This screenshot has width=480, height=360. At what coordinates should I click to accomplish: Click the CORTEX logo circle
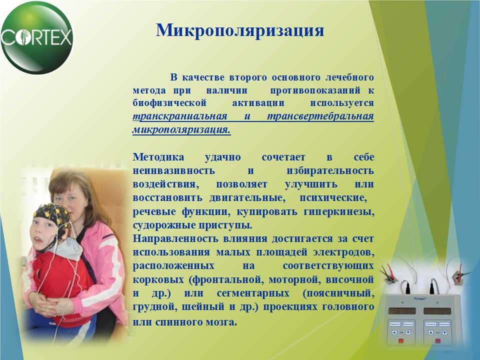coord(37,37)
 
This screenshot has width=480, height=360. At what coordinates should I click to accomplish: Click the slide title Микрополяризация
coord(240,31)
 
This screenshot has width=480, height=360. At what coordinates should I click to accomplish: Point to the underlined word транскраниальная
coord(180,116)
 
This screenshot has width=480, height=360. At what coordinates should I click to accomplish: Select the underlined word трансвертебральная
coord(320,116)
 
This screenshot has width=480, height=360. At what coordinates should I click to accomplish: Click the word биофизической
coord(169,103)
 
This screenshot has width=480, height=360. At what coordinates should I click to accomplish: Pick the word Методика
coord(158,157)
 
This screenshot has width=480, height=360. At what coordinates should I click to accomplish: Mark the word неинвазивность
coord(173,170)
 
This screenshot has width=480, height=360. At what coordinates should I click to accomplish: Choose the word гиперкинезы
coord(339,212)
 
